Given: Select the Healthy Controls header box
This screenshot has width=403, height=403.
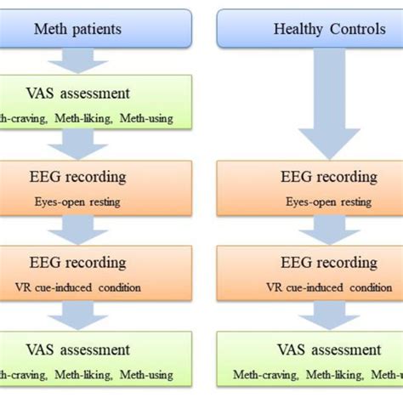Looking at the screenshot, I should click(x=309, y=29).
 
